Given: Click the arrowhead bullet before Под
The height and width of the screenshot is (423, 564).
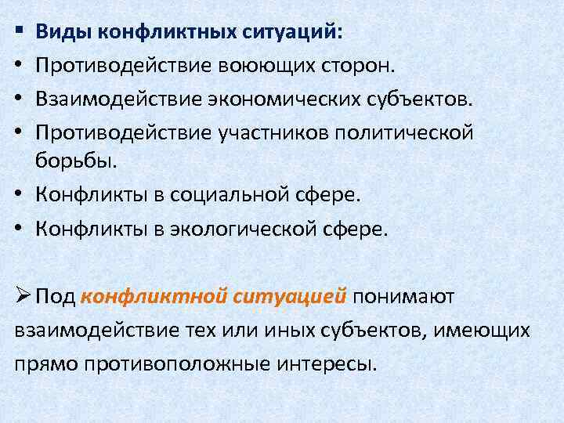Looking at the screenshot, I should [22, 296].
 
